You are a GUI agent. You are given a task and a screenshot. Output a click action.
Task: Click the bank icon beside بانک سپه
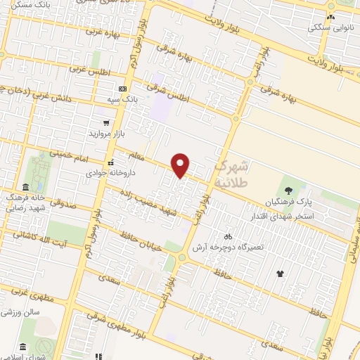(122, 89)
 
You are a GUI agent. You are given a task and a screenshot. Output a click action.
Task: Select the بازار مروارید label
(105, 132)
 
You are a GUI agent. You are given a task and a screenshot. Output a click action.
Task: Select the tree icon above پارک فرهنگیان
(288, 191)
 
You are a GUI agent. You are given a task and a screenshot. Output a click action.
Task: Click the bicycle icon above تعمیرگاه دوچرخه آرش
(228, 237)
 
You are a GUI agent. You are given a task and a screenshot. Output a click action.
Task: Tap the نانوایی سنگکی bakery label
(329, 29)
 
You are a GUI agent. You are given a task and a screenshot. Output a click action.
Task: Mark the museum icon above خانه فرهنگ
(25, 187)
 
